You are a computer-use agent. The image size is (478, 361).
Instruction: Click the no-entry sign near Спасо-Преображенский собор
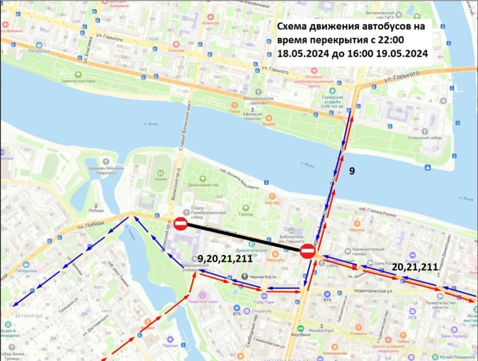click(181, 224)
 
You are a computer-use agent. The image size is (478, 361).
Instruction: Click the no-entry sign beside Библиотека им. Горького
click(307, 251)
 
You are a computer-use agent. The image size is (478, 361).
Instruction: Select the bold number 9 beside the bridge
click(352, 170)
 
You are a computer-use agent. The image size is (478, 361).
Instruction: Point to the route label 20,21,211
click(414, 268)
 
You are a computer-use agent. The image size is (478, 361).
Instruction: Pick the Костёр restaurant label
click(272, 202)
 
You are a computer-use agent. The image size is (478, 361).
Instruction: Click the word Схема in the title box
click(293, 26)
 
